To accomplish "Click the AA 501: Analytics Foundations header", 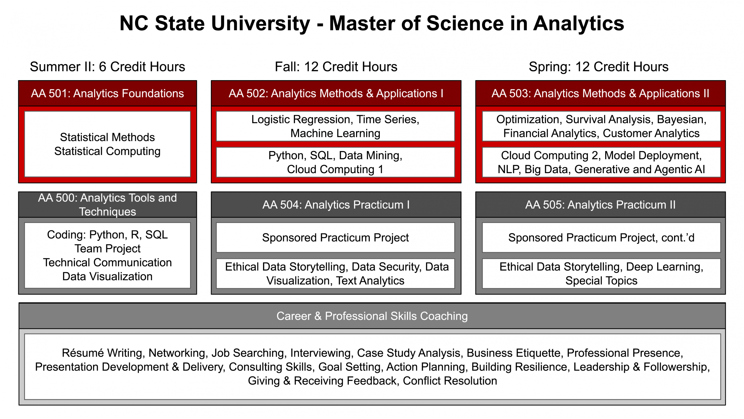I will [107, 94].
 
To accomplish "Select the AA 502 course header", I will [336, 94].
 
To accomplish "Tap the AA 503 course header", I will [600, 94].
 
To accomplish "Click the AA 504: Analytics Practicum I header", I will [336, 205].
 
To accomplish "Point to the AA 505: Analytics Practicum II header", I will [600, 205].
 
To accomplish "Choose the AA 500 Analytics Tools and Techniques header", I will [107, 205].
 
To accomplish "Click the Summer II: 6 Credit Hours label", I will [107, 67].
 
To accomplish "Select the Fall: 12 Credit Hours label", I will [336, 67].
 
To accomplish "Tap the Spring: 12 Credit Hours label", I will [598, 67].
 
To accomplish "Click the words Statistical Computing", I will [107, 151].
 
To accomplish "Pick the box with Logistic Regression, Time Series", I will [335, 126].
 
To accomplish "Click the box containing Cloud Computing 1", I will [335, 162].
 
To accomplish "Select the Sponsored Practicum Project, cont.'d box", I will [601, 238].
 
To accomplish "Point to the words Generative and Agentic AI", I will [639, 169].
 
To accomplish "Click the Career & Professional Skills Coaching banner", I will [372, 316].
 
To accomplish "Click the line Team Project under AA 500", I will [107, 249].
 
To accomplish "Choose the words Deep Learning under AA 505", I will [664, 267].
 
